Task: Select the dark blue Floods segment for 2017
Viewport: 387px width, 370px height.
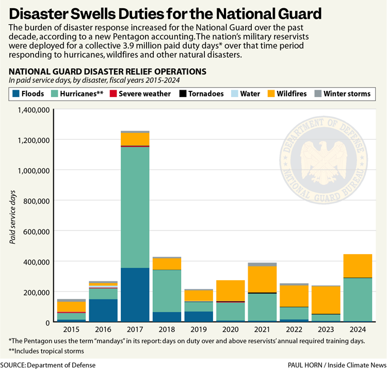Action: tap(135, 295)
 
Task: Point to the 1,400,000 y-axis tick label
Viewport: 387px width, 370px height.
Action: tap(34, 110)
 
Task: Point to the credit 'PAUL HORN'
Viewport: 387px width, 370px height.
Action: tap(304, 365)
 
